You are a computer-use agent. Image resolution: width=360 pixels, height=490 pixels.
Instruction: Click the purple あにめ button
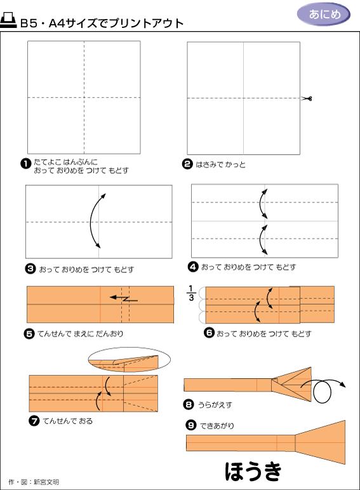click(x=323, y=15)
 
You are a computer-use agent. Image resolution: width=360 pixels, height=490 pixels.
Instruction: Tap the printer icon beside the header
click(x=8, y=21)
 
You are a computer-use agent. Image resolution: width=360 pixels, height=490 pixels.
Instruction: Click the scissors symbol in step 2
click(x=307, y=98)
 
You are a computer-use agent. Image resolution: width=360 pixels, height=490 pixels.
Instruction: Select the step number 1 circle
click(x=25, y=163)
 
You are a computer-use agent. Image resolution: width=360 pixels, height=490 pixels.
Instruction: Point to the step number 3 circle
click(x=30, y=268)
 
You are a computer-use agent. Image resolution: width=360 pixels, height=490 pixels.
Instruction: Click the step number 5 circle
click(x=29, y=334)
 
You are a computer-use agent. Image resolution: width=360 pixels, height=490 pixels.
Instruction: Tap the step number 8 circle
click(x=189, y=405)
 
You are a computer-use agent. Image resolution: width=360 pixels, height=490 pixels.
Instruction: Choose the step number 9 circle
click(x=190, y=425)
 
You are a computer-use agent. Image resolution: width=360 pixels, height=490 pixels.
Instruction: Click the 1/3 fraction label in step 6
click(x=191, y=293)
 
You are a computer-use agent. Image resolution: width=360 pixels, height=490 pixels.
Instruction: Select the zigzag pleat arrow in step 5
click(x=124, y=298)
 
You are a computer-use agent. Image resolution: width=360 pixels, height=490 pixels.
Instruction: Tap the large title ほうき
click(x=253, y=471)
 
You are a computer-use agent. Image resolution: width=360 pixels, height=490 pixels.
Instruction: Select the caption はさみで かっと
click(x=220, y=164)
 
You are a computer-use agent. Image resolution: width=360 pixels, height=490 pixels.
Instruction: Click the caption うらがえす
click(x=215, y=405)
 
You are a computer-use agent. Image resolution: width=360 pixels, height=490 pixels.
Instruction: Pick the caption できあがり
click(x=217, y=426)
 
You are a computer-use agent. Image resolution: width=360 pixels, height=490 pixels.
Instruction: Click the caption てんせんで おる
click(x=67, y=421)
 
